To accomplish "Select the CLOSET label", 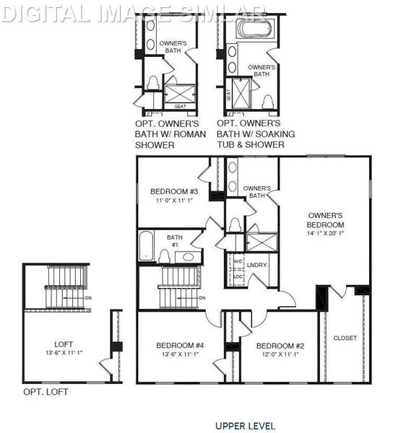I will click(x=345, y=338).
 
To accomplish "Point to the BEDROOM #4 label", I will click(x=181, y=346).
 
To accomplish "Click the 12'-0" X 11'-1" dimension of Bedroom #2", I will click(x=277, y=355).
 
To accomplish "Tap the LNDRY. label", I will click(x=257, y=265).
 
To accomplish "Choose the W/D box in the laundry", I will click(x=238, y=261).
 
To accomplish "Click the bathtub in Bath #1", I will click(x=144, y=245).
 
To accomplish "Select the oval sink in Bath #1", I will click(x=188, y=256).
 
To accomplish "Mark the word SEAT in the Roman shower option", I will click(x=181, y=107).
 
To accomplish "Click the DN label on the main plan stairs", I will click(x=202, y=298).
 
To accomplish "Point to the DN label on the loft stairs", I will click(x=88, y=297).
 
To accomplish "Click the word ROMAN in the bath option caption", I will click(x=191, y=134).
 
